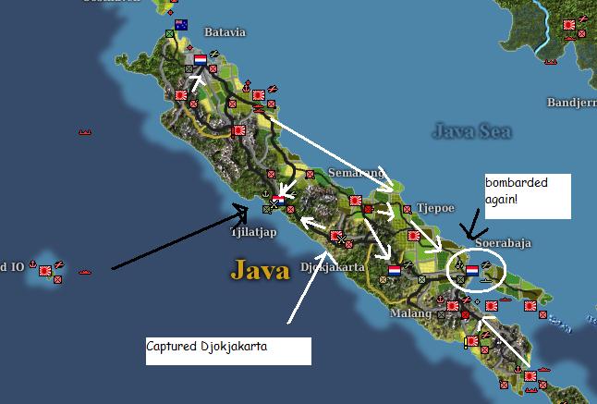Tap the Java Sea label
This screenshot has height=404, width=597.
pyautogui.click(x=471, y=131)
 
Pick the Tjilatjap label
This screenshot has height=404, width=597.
pyautogui.click(x=252, y=232)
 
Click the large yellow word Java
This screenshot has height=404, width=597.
pyautogui.click(x=260, y=270)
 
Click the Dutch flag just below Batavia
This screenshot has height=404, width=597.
pyautogui.click(x=200, y=60)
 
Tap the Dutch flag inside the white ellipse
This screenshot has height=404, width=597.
pyautogui.click(x=472, y=270)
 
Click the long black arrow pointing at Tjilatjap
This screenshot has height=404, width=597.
pyautogui.click(x=176, y=240)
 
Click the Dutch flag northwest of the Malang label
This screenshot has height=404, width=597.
pyautogui.click(x=395, y=270)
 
